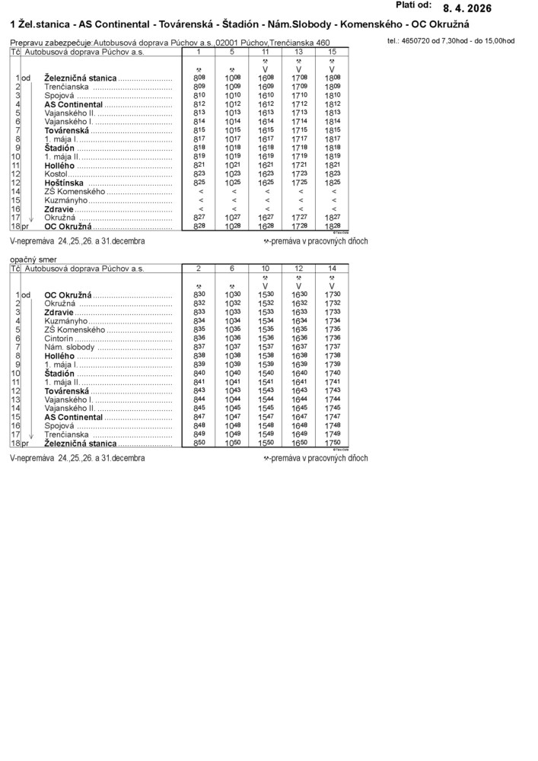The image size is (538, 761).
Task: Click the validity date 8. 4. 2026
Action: [467, 9]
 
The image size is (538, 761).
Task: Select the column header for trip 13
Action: [299, 52]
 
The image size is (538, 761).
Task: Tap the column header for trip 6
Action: [232, 269]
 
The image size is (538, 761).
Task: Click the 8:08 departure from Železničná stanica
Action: [199, 78]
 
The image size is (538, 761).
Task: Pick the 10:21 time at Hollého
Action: [232, 164]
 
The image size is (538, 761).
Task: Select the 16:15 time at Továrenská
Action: [266, 130]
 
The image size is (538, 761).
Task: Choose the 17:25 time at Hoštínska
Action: [299, 183]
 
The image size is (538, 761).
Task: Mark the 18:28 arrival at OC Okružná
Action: [333, 227]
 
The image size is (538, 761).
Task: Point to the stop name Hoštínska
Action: [65, 183]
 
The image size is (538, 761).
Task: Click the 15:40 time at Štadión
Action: [266, 373]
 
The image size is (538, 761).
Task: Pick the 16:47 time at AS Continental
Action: [299, 417]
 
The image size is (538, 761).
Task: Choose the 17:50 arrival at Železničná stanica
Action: [333, 443]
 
